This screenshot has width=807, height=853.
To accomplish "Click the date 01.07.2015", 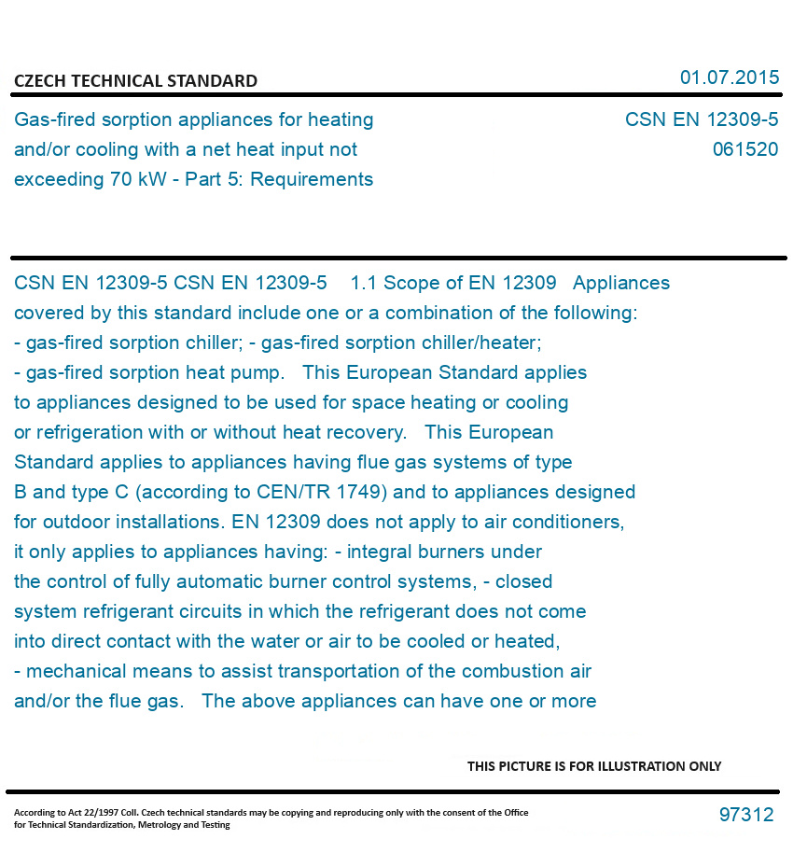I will [729, 77].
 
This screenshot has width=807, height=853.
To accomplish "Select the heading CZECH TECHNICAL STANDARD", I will [135, 81].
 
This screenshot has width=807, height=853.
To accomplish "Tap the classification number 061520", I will [744, 149].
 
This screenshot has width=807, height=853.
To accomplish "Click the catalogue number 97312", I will [745, 815].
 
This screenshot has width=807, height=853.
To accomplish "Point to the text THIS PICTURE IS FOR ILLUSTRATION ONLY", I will [594, 766].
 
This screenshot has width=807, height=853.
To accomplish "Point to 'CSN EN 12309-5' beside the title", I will [701, 119].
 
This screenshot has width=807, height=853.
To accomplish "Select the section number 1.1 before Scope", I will [364, 283].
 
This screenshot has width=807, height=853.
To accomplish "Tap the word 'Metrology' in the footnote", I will [160, 825].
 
